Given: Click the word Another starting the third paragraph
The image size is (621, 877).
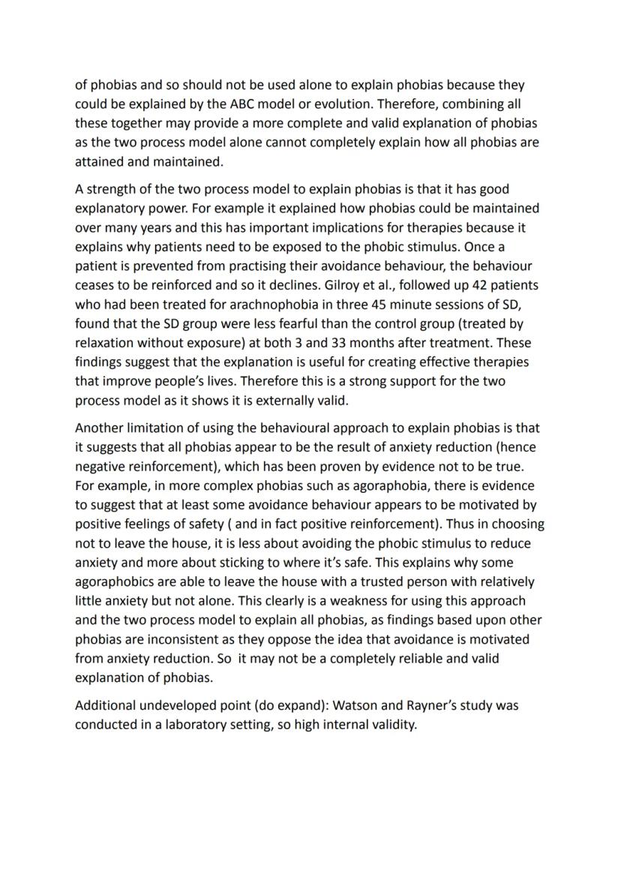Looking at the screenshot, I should point(100,428).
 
